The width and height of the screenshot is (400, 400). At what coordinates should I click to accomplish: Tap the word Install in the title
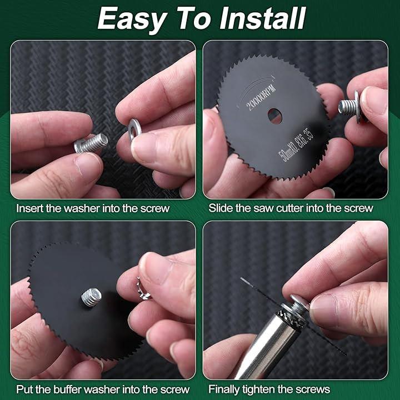(x=262, y=18)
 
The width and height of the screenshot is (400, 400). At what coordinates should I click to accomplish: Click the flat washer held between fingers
(x=134, y=129)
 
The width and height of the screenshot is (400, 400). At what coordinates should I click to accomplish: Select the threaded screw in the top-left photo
(x=91, y=143)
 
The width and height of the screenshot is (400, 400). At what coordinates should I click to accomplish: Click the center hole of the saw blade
(x=274, y=116)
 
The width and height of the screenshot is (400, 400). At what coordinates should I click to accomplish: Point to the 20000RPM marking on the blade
(x=261, y=97)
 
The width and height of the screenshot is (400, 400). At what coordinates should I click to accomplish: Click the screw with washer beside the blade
(x=350, y=107)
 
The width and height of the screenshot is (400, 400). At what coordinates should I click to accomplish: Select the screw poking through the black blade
(x=91, y=297)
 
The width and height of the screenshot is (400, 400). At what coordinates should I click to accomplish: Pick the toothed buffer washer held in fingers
(x=143, y=288)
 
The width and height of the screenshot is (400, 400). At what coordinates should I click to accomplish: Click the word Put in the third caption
(x=25, y=389)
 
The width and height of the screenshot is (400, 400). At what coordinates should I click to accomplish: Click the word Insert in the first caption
(x=30, y=208)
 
